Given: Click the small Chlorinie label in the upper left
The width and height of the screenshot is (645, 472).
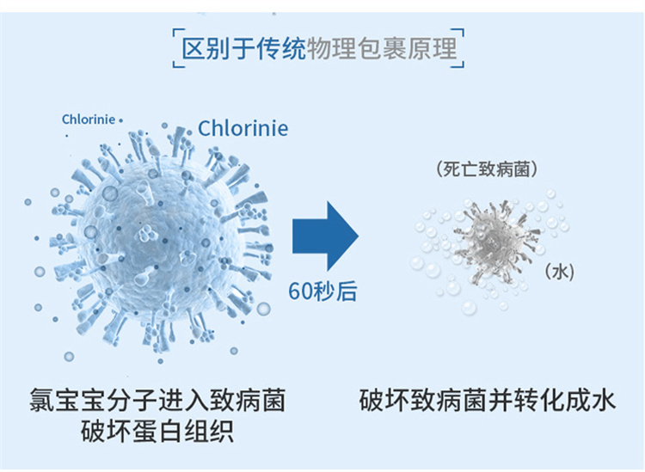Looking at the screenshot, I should [x=88, y=120].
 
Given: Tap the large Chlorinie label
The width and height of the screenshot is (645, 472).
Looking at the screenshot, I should [x=243, y=128].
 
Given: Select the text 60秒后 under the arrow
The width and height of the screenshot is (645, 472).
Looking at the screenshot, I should [x=322, y=291].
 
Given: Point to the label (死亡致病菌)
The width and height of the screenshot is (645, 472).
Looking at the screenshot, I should [x=487, y=170].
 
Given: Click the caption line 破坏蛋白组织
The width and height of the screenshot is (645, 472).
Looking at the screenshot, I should [x=157, y=431].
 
